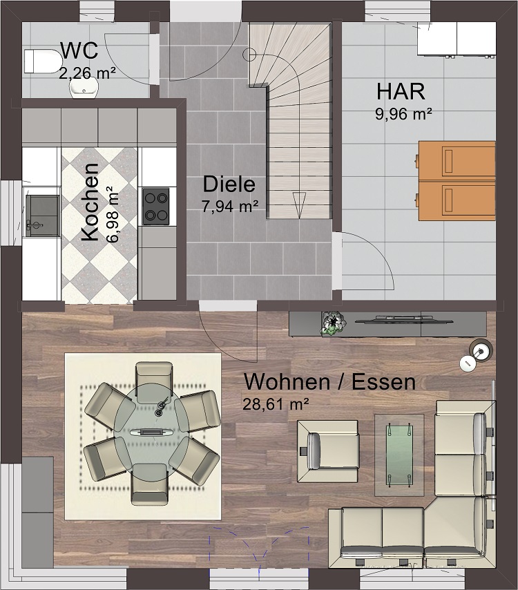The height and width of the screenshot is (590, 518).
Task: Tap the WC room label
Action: [x=78, y=51]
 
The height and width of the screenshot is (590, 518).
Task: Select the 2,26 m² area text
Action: [x=87, y=70]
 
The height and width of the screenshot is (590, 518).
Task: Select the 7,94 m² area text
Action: [x=230, y=206]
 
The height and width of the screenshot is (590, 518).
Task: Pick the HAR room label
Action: [x=401, y=91]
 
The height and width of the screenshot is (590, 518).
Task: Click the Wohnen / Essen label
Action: [x=329, y=381]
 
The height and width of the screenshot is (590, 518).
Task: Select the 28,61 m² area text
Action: [x=275, y=404]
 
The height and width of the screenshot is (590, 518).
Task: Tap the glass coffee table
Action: [x=399, y=454]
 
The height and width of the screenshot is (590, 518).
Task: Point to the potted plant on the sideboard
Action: [x=333, y=323]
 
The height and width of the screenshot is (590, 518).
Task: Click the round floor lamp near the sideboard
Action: [x=479, y=350]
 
